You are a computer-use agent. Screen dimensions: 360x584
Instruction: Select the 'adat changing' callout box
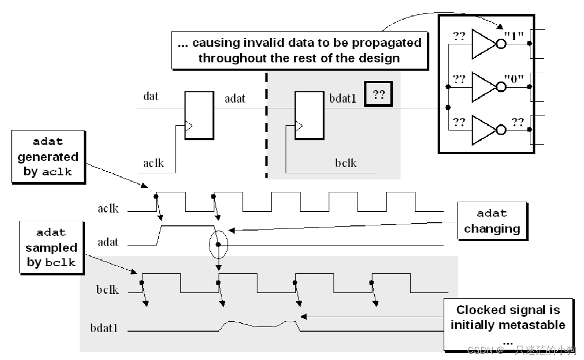[x=492, y=221]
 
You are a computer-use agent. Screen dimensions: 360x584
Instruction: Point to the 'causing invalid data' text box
[x=299, y=50]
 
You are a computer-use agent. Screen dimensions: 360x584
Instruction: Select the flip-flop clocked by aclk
[x=198, y=116]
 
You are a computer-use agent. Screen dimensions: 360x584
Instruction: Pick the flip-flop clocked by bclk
[x=309, y=116]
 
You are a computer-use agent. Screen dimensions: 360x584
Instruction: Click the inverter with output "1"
[x=483, y=44]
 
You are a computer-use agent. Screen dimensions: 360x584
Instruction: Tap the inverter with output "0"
[x=483, y=86]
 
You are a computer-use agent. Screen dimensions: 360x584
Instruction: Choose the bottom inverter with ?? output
[x=483, y=128]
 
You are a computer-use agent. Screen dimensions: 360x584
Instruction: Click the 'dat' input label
[x=151, y=96]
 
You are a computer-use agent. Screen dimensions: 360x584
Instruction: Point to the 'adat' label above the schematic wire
[x=235, y=97]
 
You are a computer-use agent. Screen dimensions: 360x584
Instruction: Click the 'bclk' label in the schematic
[x=345, y=163]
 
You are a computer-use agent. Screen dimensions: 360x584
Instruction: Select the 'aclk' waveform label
[x=108, y=208]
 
